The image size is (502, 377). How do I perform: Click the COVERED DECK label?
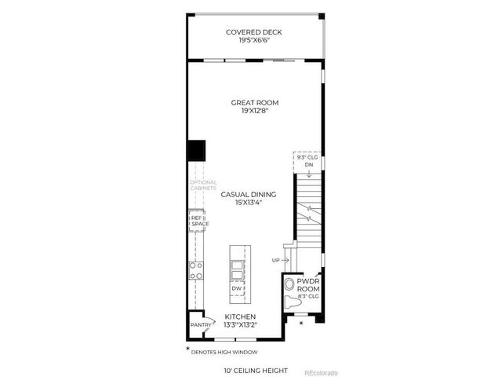253,32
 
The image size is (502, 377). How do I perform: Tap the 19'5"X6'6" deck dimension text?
253,42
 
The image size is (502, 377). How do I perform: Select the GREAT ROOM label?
255,102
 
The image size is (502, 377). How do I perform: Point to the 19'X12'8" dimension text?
255,112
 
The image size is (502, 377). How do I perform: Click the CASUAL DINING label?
248,193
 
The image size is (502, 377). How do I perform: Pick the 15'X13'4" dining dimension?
248,203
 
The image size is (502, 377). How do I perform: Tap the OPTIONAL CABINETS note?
203,185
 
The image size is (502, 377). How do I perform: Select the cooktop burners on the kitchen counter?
196,270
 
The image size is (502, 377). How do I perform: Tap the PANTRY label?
199,324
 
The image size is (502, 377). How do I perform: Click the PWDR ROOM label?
307,284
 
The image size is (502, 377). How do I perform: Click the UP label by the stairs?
275,259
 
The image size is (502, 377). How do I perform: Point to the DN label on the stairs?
309,165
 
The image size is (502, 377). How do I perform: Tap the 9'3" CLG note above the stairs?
307,157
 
